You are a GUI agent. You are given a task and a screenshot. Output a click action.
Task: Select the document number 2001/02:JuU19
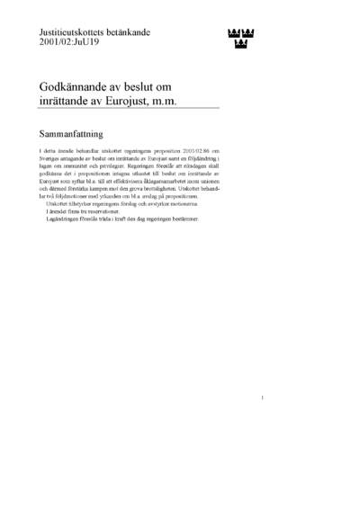pyautogui.click(x=69, y=42)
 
